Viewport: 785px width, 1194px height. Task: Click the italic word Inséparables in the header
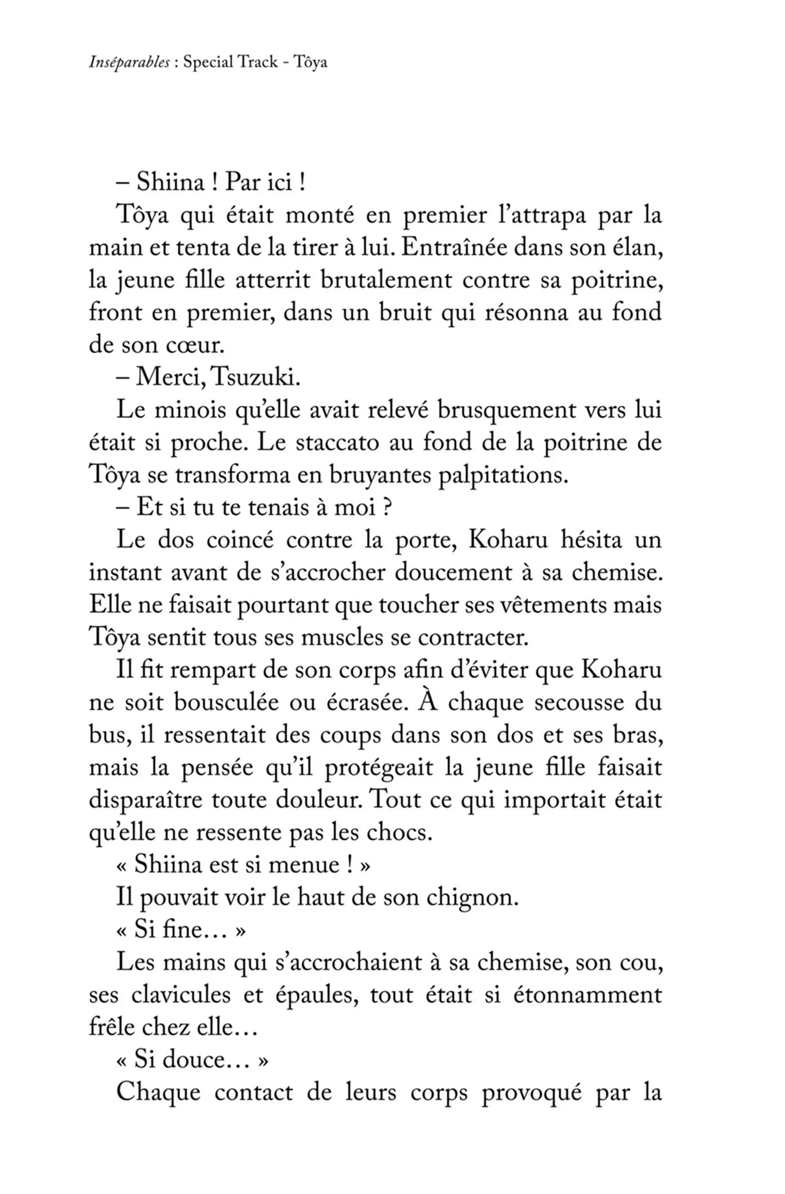(129, 62)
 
